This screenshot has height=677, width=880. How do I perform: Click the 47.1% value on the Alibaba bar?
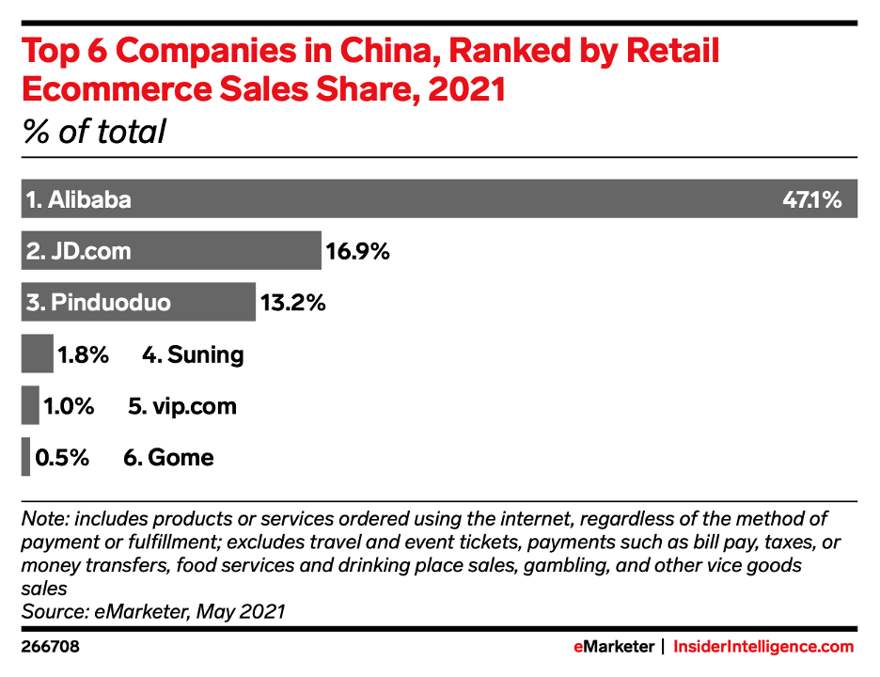click(x=811, y=199)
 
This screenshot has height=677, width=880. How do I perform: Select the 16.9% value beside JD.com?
click(x=357, y=251)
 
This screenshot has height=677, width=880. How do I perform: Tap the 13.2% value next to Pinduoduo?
click(x=292, y=303)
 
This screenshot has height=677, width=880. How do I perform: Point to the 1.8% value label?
click(x=84, y=354)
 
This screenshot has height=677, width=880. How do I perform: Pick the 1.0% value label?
click(x=69, y=406)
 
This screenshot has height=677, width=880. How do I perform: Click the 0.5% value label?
click(x=62, y=458)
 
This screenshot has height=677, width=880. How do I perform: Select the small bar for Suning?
click(x=37, y=354)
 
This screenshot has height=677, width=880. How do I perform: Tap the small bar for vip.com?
click(x=30, y=406)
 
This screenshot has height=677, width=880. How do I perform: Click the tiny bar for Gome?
click(x=25, y=458)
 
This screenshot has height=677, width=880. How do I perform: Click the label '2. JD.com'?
click(x=79, y=251)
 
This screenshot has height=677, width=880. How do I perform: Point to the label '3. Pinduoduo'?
click(x=99, y=303)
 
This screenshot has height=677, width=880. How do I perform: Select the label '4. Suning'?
click(x=193, y=354)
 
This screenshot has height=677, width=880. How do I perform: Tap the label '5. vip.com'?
click(x=181, y=406)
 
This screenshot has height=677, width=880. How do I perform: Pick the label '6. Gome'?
click(x=168, y=458)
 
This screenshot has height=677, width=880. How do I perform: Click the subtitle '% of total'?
click(x=93, y=131)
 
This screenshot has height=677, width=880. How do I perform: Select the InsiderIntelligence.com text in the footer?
click(x=764, y=647)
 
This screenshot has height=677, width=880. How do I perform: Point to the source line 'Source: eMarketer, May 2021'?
click(x=153, y=611)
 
